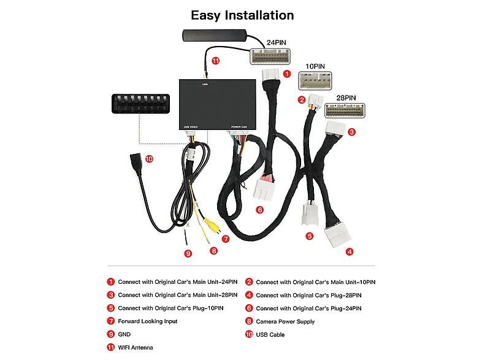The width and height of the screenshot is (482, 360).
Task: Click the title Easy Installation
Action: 242,15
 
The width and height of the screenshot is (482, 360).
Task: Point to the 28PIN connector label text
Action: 346,97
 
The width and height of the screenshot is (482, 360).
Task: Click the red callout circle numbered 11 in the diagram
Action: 215,61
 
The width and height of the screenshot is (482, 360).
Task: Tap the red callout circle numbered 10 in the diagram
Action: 149,159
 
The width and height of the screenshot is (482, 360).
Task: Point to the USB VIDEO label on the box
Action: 191,127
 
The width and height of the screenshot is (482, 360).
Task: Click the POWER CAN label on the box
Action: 239,127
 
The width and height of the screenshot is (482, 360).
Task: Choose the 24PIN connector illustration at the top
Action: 269,56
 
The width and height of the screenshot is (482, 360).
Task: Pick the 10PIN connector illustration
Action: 317,81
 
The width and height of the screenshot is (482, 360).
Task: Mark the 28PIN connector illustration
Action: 345,110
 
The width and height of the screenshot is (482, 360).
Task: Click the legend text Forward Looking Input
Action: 147,321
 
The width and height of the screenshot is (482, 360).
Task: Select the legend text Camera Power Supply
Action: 285,321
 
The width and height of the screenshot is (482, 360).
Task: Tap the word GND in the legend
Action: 124,334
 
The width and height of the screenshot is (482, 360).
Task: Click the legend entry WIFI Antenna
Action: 136,348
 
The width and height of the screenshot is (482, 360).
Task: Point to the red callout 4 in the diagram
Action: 350,251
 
